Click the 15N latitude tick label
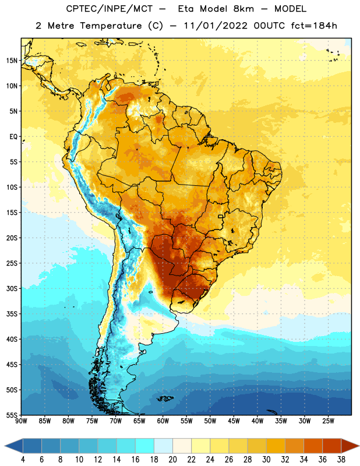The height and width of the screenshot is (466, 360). pos(12,61)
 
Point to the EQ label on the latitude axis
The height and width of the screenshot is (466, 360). pos(13,137)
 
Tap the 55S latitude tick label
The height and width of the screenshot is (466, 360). pos(12,415)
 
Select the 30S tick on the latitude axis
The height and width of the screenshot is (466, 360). pos(12,288)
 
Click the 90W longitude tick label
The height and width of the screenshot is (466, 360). pos(21,421)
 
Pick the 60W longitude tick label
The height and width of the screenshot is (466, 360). pos(163,421)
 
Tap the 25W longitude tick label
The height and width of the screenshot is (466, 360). pos(328,421)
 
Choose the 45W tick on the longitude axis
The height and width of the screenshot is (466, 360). pos(234,421)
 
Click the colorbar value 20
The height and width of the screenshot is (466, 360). pos(172,460)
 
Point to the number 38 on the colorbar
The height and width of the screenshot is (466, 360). pos(341,460)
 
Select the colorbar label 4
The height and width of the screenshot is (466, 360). pos(23,460)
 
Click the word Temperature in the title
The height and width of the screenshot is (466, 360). pos(111,26)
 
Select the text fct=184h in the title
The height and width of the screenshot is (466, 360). pos(314,25)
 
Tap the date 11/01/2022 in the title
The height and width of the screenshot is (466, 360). pos(215,26)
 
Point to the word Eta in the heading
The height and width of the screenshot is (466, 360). pos(186,9)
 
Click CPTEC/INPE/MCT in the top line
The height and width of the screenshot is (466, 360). pos(109,9)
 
